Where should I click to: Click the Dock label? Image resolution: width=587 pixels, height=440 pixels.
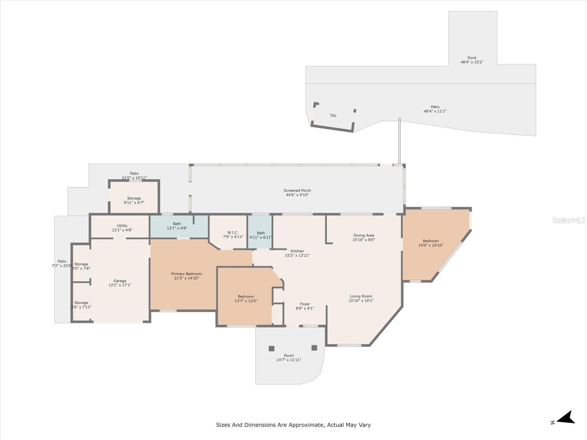tap(472, 58)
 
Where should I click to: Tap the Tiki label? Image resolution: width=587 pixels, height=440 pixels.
tap(333, 115)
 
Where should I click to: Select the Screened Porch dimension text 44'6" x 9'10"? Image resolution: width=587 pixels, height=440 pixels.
tap(297, 195)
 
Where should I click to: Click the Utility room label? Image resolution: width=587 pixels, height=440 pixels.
tap(122, 225)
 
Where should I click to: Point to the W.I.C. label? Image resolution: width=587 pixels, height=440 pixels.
tap(233, 232)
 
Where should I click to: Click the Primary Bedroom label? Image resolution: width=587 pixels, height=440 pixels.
tap(186, 274)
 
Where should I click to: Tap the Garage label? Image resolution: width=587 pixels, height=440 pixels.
tap(120, 281)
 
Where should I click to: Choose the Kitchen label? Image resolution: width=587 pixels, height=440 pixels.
tap(297, 251)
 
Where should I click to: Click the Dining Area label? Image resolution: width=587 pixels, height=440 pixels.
tap(364, 235)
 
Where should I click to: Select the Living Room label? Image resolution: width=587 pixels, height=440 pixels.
tap(361, 296)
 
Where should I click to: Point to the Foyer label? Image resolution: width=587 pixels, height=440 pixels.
tap(305, 304)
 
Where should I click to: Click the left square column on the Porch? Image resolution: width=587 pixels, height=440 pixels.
tap(271, 348)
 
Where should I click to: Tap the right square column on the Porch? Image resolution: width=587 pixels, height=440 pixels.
tap(314, 348)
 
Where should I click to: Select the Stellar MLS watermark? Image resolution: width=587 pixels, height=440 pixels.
tap(569, 220)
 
